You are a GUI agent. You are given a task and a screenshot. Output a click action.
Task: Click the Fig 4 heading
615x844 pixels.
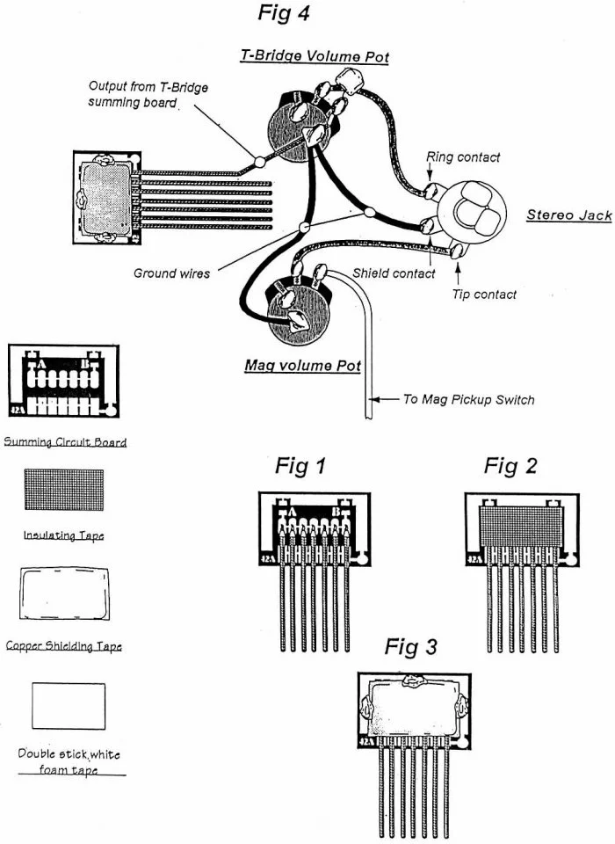pyautogui.click(x=283, y=14)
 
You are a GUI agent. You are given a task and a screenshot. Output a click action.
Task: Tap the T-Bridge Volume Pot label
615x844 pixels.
pyautogui.click(x=315, y=56)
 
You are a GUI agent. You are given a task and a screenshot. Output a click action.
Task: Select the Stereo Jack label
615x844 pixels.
pyautogui.click(x=568, y=215)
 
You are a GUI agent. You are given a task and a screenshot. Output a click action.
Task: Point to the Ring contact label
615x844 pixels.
pyautogui.click(x=463, y=157)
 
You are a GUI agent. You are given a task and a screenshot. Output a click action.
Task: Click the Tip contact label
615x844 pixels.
pyautogui.click(x=484, y=295)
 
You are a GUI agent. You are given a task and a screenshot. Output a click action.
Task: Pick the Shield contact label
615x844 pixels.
pyautogui.click(x=394, y=273)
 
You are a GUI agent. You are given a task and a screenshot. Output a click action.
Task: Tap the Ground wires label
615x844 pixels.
pyautogui.click(x=171, y=273)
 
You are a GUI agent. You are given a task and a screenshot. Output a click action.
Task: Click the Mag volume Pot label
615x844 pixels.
pyautogui.click(x=302, y=366)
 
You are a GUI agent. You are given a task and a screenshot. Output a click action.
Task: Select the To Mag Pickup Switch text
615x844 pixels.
pyautogui.click(x=467, y=399)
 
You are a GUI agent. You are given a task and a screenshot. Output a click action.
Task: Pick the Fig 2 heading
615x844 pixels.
pyautogui.click(x=510, y=466)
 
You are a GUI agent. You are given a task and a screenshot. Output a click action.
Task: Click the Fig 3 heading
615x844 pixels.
pyautogui.click(x=410, y=648)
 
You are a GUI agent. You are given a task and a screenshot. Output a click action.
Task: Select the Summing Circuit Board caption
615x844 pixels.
pyautogui.click(x=65, y=441)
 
